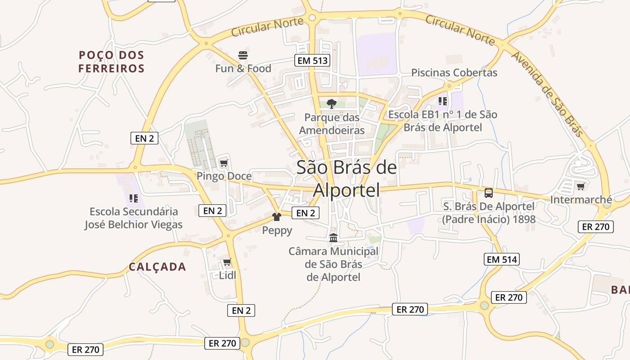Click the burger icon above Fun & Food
pos(243,55)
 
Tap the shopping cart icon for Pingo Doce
pos(224,163)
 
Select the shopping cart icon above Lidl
pos(227,262)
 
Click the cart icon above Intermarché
pos(580,186)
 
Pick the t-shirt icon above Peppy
pos(277,217)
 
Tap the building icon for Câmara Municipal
pos(333,238)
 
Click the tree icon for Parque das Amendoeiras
pos(332,104)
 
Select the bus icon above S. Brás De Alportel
pos(489,193)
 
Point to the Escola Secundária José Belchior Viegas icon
pos(133,198)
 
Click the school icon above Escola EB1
pos(443,101)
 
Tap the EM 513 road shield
pos(312,60)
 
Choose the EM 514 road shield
pos(502,259)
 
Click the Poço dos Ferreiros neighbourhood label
pos(112,62)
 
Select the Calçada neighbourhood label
pos(157,267)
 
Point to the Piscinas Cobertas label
pos(454,72)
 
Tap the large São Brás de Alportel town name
pos(346,178)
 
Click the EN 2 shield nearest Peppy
pos(306,213)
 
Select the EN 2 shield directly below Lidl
pos(241,310)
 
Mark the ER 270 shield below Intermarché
pos(595,227)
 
